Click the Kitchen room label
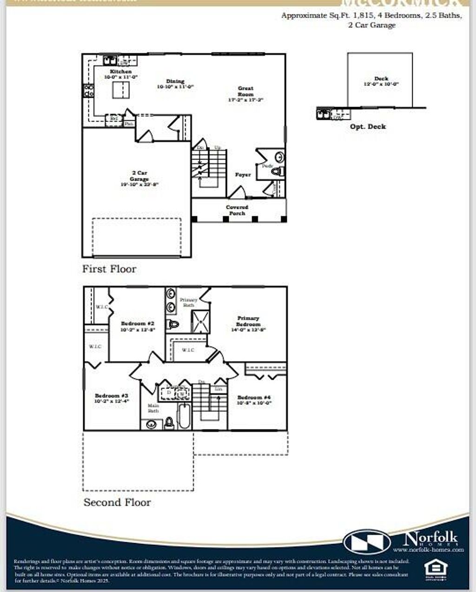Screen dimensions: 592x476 (x=121, y=72)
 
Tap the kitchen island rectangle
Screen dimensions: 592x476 (x=121, y=89)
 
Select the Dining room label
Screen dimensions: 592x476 (x=175, y=81)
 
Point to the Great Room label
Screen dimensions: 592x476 (x=245, y=91)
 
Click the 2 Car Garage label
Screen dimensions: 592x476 (x=139, y=176)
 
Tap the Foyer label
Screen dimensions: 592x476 (x=243, y=175)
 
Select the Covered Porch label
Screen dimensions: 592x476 (x=237, y=210)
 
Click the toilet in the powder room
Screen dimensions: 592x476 (x=277, y=171)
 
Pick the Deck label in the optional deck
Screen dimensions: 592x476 (x=381, y=79)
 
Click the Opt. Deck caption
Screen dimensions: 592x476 (x=368, y=127)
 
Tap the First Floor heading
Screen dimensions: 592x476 (x=109, y=269)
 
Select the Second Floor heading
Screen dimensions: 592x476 (x=117, y=503)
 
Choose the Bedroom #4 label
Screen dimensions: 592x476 (x=254, y=397)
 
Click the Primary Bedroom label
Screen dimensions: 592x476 (x=248, y=321)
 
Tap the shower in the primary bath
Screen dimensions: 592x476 (x=201, y=321)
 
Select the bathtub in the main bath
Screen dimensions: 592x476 (x=185, y=416)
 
